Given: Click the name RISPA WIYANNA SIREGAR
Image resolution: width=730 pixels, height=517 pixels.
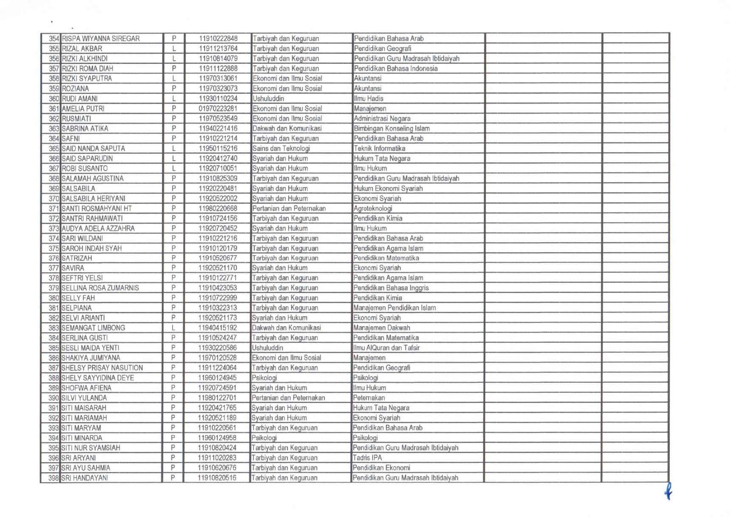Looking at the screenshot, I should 101,39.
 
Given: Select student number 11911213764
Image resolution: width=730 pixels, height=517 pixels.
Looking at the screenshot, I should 218,48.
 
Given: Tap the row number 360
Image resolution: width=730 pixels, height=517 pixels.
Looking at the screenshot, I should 54,99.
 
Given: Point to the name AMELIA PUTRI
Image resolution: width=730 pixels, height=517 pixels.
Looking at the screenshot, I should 83,109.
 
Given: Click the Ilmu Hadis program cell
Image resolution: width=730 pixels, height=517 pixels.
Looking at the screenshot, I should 369,99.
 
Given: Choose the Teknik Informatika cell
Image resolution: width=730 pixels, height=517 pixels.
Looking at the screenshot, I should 379,149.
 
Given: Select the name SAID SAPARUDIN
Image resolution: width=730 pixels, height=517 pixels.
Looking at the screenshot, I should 87,158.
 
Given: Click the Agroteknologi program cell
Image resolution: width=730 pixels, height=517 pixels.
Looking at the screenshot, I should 373,209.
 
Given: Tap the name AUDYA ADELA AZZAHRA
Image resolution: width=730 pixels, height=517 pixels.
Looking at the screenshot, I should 98,229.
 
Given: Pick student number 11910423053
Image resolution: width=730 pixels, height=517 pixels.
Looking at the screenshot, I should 217,288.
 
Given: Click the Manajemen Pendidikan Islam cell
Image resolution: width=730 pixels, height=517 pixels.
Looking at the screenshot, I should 395,308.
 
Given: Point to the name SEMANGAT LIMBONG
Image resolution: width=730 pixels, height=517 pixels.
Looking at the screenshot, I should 93,328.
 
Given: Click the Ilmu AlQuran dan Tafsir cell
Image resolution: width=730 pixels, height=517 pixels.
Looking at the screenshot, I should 386,348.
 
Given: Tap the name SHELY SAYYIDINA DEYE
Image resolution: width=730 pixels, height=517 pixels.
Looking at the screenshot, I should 97,378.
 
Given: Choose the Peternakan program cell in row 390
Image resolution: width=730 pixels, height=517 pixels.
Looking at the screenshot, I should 369,398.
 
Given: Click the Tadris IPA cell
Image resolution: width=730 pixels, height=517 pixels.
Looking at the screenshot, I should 367,458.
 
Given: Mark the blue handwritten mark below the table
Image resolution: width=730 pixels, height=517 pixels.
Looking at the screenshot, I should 668,491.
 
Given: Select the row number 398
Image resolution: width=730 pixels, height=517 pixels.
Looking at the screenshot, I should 53,478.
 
